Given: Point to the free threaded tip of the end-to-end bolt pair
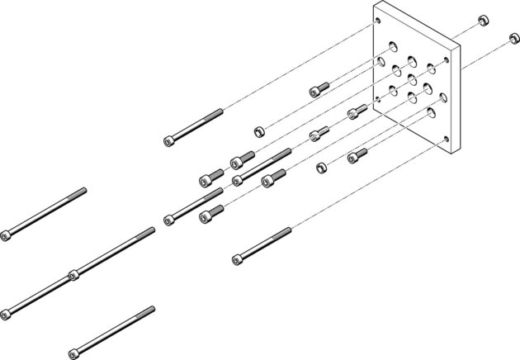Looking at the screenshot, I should [150, 230].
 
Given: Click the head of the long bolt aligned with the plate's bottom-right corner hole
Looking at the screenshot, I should [238, 259].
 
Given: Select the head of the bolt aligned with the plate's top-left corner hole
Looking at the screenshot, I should [170, 140].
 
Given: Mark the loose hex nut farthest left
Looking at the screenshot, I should [258, 130].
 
